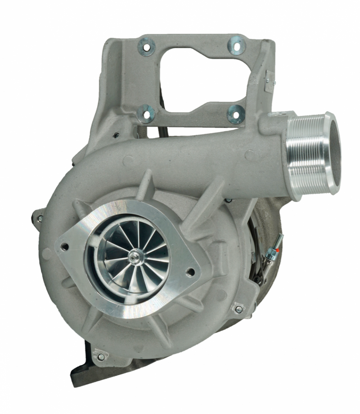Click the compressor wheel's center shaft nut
[135, 258]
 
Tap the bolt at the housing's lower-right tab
[238, 309]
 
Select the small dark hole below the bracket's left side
[116, 135]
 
